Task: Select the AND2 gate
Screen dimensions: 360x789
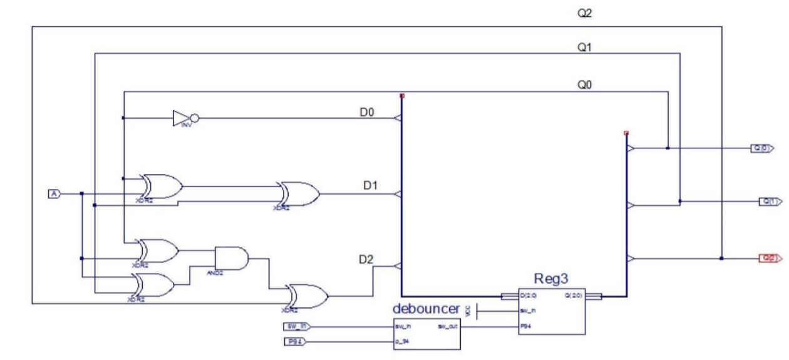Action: click(x=230, y=257)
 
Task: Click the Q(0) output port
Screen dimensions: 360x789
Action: click(x=762, y=148)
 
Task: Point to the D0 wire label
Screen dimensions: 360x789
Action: click(x=367, y=112)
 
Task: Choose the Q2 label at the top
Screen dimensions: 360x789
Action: click(x=584, y=13)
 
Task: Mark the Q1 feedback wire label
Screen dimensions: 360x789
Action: click(x=584, y=48)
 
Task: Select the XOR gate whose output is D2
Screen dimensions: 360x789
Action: click(x=305, y=296)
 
